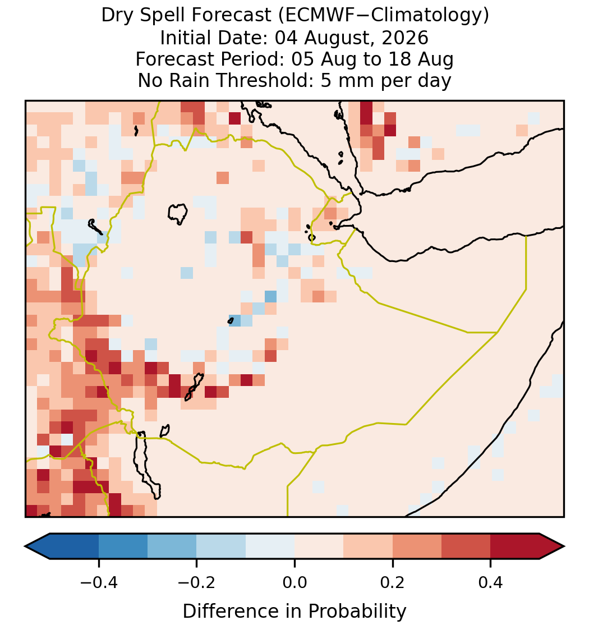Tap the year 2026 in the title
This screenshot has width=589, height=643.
click(x=405, y=38)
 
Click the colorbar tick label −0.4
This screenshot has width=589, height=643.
click(x=99, y=582)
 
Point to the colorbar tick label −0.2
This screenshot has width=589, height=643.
click(x=197, y=582)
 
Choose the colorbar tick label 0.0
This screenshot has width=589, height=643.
click(x=294, y=582)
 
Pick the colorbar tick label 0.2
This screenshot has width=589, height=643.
click(x=393, y=582)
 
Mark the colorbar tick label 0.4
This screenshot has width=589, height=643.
click(x=491, y=582)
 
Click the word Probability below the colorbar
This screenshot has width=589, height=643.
click(x=357, y=612)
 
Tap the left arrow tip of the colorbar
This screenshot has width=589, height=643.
click(x=25, y=546)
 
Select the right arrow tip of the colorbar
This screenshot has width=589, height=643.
click(x=564, y=546)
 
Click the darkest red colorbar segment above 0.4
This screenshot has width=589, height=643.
click(x=515, y=546)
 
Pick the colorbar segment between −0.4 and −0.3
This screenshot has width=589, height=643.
click(x=123, y=546)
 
